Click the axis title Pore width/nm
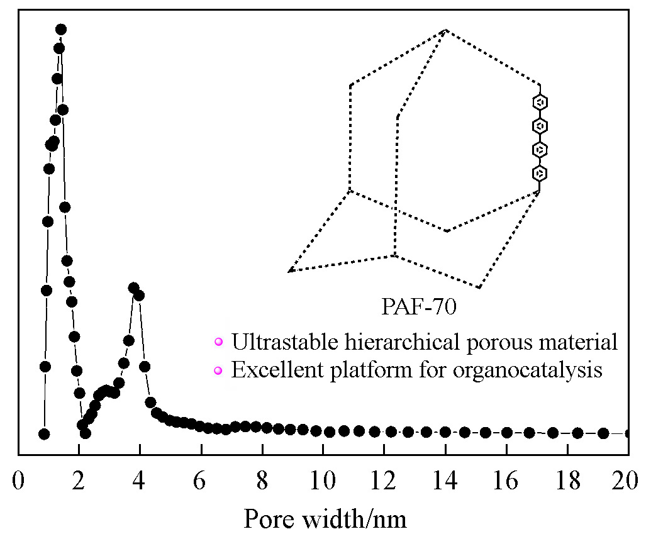(325, 519)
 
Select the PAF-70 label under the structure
(418, 308)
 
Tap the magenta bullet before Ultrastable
(218, 343)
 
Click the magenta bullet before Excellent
(218, 370)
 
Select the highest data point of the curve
(61, 29)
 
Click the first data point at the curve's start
(43, 434)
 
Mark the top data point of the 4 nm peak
(133, 287)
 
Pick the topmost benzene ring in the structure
(539, 103)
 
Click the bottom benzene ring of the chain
(539, 172)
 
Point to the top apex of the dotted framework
(446, 30)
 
